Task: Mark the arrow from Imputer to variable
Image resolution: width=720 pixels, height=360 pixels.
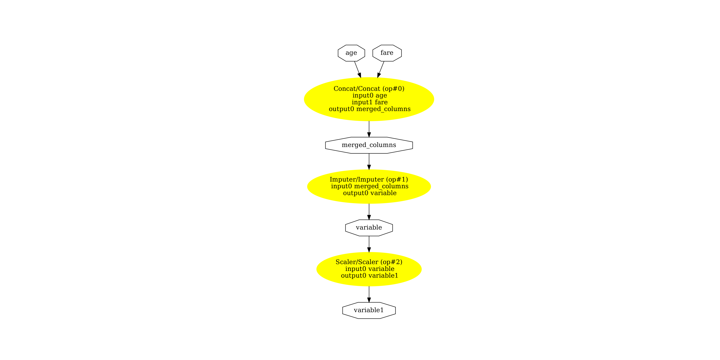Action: coord(369,211)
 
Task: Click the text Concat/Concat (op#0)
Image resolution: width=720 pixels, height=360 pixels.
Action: coord(369,89)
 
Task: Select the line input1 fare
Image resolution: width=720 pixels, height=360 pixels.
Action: coord(370,102)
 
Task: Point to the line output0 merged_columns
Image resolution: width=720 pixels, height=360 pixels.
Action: coord(370,109)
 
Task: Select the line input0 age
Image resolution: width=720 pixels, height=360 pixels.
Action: coord(370,96)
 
